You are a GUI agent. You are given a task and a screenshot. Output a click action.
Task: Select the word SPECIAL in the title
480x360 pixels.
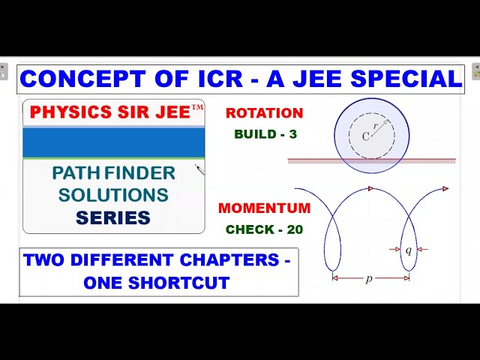pyautogui.click(x=409, y=79)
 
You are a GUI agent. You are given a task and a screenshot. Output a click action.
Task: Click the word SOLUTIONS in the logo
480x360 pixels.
pyautogui.click(x=113, y=195)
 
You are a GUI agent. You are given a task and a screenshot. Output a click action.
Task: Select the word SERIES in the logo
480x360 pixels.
pyautogui.click(x=113, y=217)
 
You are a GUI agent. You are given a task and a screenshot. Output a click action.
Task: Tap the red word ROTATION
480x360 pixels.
pyautogui.click(x=264, y=113)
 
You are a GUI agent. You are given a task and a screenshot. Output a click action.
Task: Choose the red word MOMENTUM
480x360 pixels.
pyautogui.click(x=264, y=208)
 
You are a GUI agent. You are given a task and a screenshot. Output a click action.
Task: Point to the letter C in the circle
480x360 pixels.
pyautogui.click(x=366, y=136)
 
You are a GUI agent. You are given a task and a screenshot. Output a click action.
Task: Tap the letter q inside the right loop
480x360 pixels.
pyautogui.click(x=408, y=250)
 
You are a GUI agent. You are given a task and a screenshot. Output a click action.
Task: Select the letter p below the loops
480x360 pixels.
pyautogui.click(x=369, y=278)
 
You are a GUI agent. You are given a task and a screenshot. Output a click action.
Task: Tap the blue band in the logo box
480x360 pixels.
pyautogui.click(x=113, y=142)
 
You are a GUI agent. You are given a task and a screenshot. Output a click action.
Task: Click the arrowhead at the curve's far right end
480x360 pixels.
pyautogui.click(x=445, y=188)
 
